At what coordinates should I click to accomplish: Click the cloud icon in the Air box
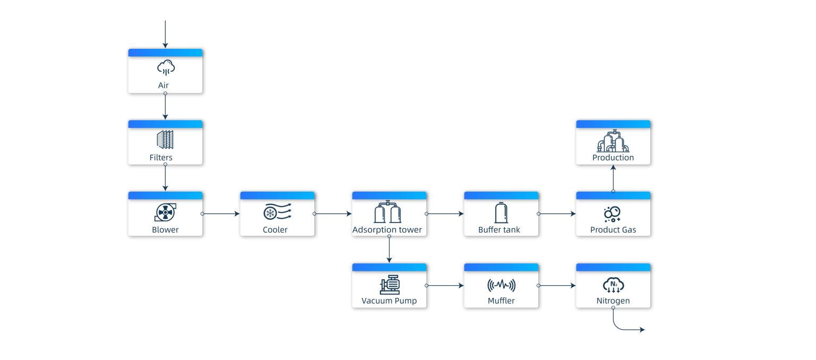[166, 68]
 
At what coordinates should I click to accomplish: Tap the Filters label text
[161, 158]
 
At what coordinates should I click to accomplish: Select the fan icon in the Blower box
[165, 212]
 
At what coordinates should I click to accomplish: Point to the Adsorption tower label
[387, 230]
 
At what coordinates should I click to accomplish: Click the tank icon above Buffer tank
[501, 212]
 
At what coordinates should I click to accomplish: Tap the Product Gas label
[613, 230]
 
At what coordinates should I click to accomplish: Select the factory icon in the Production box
[613, 141]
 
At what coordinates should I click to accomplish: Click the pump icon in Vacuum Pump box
[389, 285]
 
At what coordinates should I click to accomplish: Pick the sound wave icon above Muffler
[501, 285]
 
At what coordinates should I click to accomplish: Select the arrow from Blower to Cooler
[221, 213]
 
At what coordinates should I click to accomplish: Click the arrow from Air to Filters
[165, 106]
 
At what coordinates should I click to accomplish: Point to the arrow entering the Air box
[165, 34]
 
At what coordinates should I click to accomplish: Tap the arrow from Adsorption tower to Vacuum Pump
[389, 250]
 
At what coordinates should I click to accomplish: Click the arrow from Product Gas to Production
[614, 178]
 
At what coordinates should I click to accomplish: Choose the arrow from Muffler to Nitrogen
[557, 286]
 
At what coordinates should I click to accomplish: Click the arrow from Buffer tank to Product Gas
[557, 213]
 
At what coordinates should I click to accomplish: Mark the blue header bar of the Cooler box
[277, 195]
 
